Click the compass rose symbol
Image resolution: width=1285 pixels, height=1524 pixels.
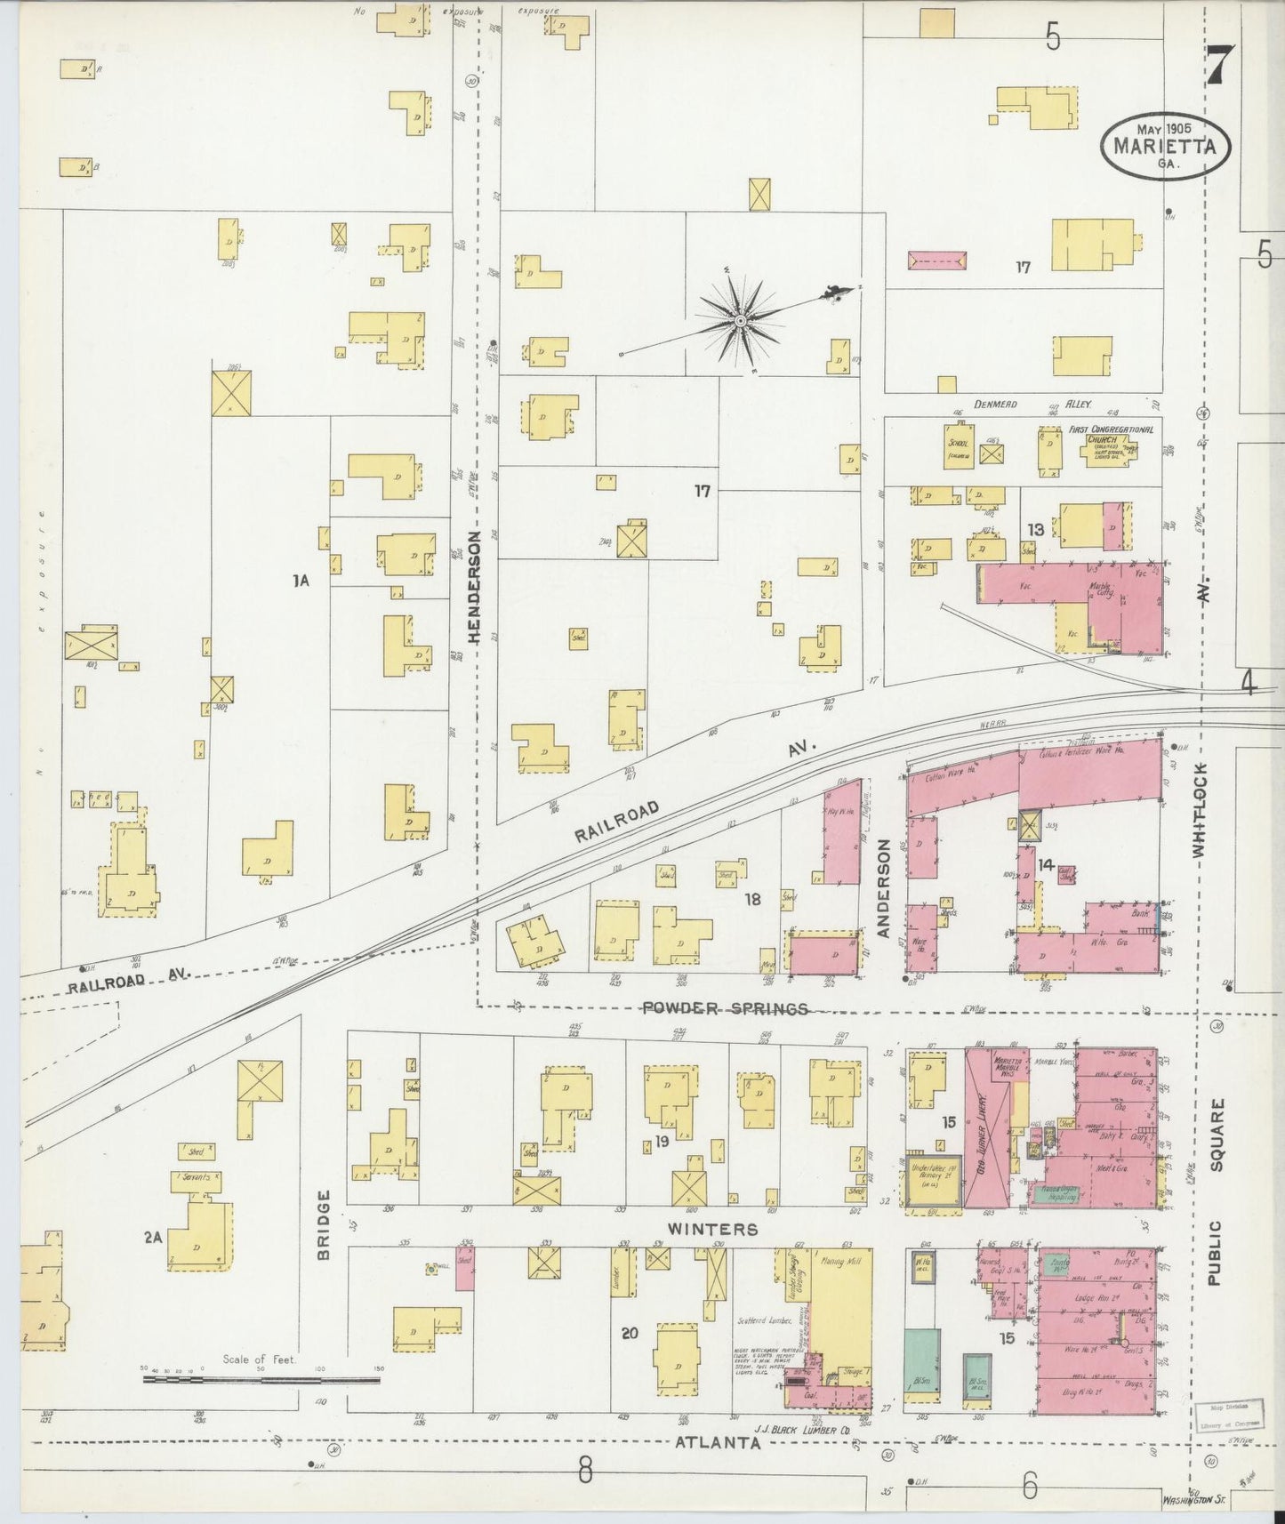pyautogui.click(x=739, y=320)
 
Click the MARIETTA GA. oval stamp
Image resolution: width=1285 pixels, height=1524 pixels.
pyautogui.click(x=1165, y=146)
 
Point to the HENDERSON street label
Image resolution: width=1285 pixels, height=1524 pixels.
pyautogui.click(x=474, y=587)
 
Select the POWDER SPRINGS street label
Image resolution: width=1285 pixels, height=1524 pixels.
pyautogui.click(x=725, y=1008)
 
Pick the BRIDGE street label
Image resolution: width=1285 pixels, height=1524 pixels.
pyautogui.click(x=324, y=1225)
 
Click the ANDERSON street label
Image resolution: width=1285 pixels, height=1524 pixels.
pyautogui.click(x=883, y=888)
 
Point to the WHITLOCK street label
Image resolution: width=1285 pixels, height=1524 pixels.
pyautogui.click(x=1200, y=810)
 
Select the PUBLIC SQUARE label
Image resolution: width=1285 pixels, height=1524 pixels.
pyautogui.click(x=1216, y=1191)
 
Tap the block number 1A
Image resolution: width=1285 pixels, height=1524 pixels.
pyautogui.click(x=300, y=581)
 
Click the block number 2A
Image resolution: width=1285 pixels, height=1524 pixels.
pyautogui.click(x=152, y=1237)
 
